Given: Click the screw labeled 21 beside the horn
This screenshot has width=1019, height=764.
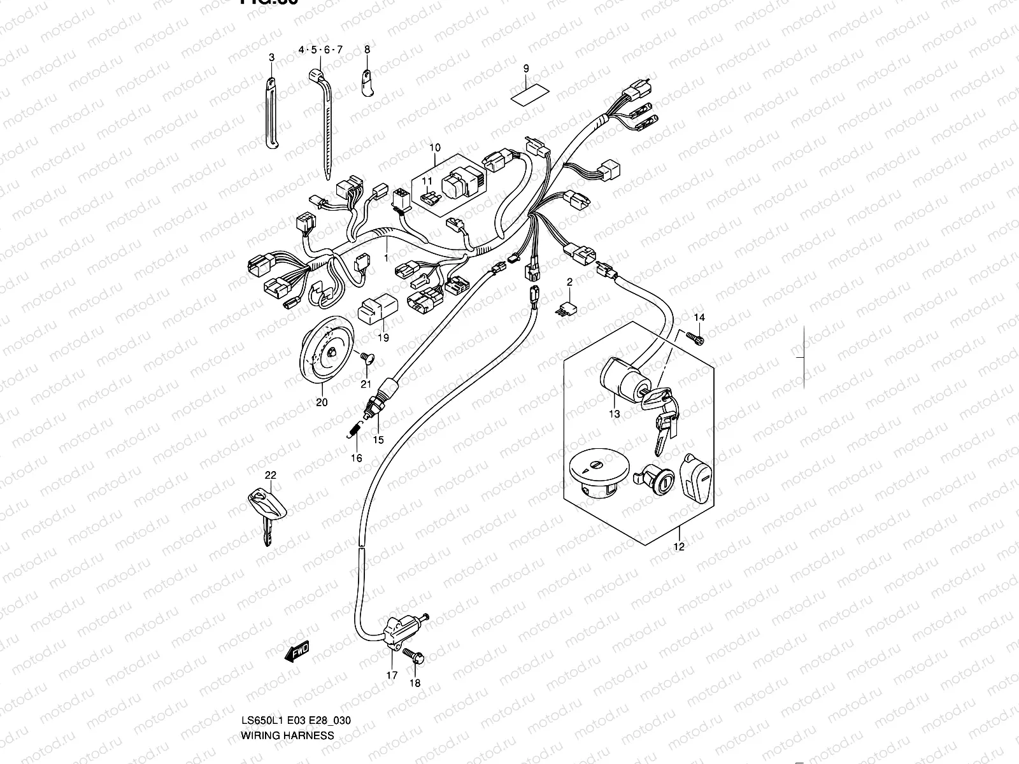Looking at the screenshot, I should coord(366,360).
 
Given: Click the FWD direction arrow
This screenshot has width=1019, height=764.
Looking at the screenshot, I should coord(297,652).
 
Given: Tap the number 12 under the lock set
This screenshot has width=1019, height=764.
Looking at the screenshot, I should coord(678,546).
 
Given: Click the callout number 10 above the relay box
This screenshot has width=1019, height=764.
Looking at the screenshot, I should coord(434,148).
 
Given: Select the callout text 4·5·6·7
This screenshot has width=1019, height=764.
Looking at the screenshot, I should coord(321,50).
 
